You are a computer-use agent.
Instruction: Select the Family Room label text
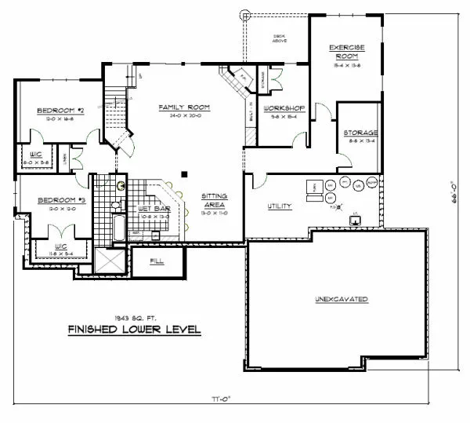click(179, 107)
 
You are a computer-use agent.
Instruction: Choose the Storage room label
click(360, 133)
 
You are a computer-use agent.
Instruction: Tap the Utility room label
click(280, 206)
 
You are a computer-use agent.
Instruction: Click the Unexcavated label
click(342, 300)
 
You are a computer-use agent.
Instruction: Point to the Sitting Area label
click(214, 199)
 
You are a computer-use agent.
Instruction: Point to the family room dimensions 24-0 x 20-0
click(179, 115)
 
